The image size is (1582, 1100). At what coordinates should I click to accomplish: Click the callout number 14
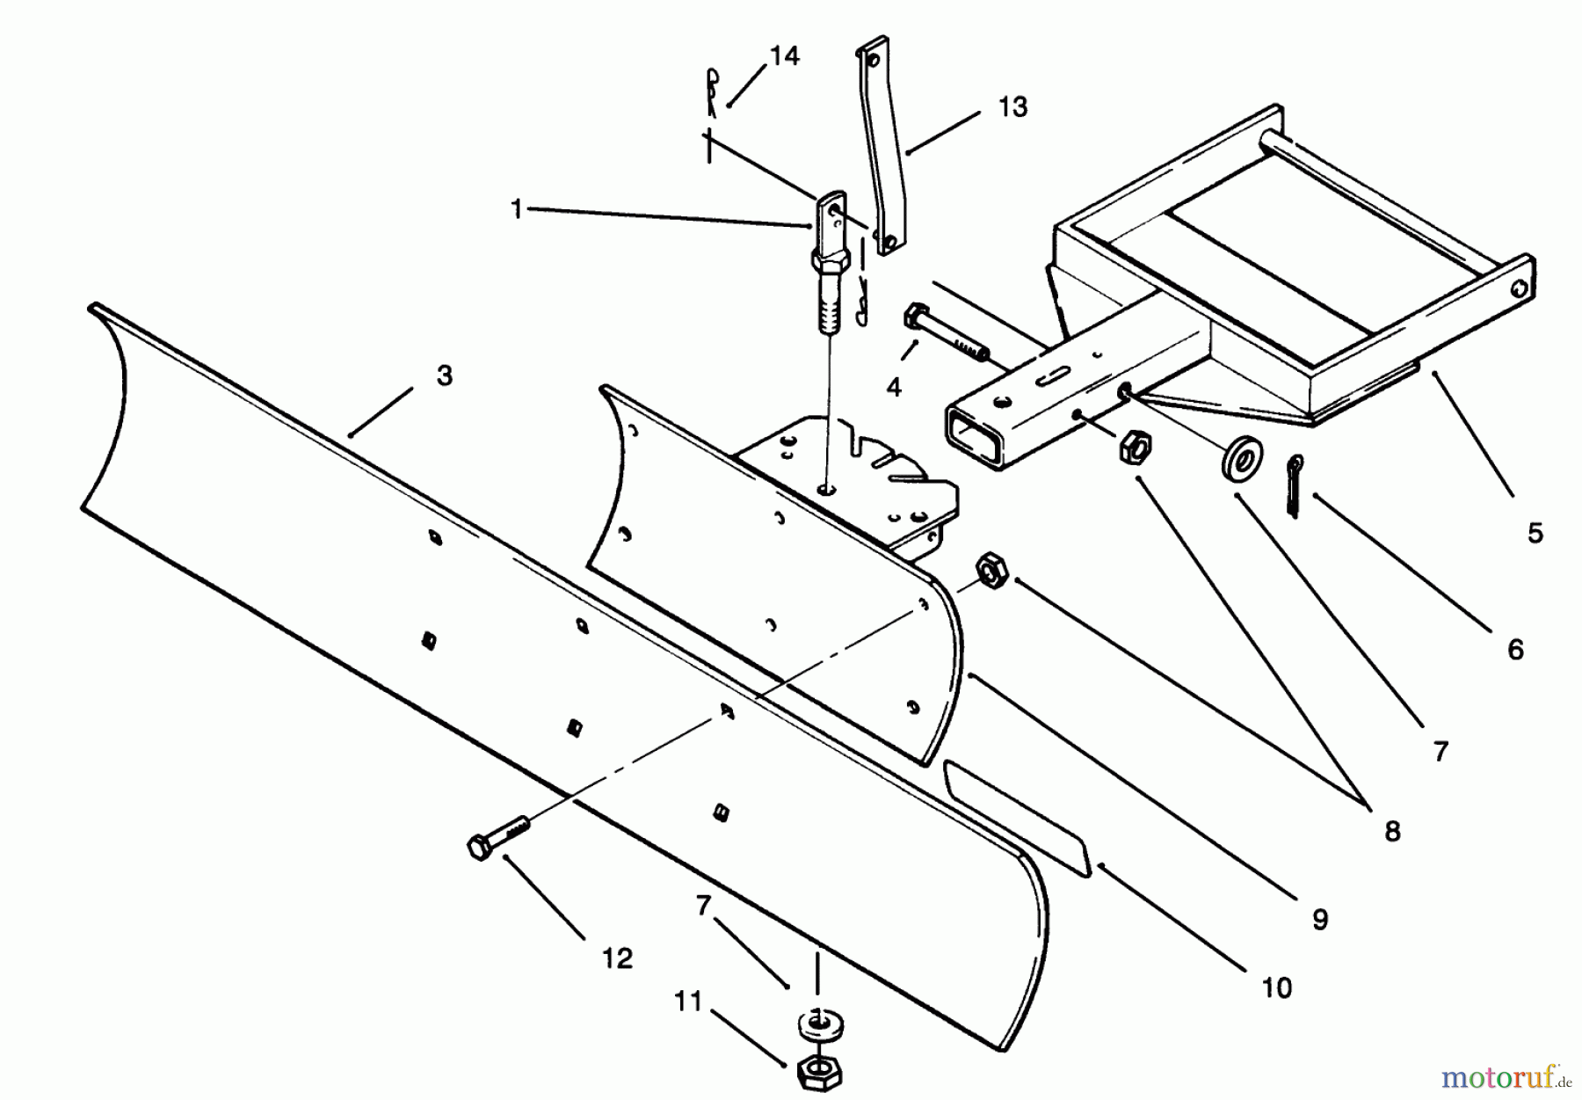click(x=784, y=57)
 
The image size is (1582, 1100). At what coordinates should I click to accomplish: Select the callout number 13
click(x=1012, y=107)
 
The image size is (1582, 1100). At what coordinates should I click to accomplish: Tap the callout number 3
click(x=445, y=375)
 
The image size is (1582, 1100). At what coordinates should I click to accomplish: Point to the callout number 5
click(x=1535, y=533)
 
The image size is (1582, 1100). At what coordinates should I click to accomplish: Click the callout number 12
click(x=618, y=958)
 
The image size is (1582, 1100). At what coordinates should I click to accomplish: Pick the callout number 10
click(x=1276, y=988)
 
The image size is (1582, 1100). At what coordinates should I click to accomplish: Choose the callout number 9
click(x=1319, y=920)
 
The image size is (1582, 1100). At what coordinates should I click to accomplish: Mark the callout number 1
click(x=517, y=210)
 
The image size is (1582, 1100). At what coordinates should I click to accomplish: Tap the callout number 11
click(x=689, y=1002)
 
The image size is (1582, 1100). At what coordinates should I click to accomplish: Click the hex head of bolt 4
click(x=914, y=318)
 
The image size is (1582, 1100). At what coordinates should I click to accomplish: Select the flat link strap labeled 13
click(x=875, y=148)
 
